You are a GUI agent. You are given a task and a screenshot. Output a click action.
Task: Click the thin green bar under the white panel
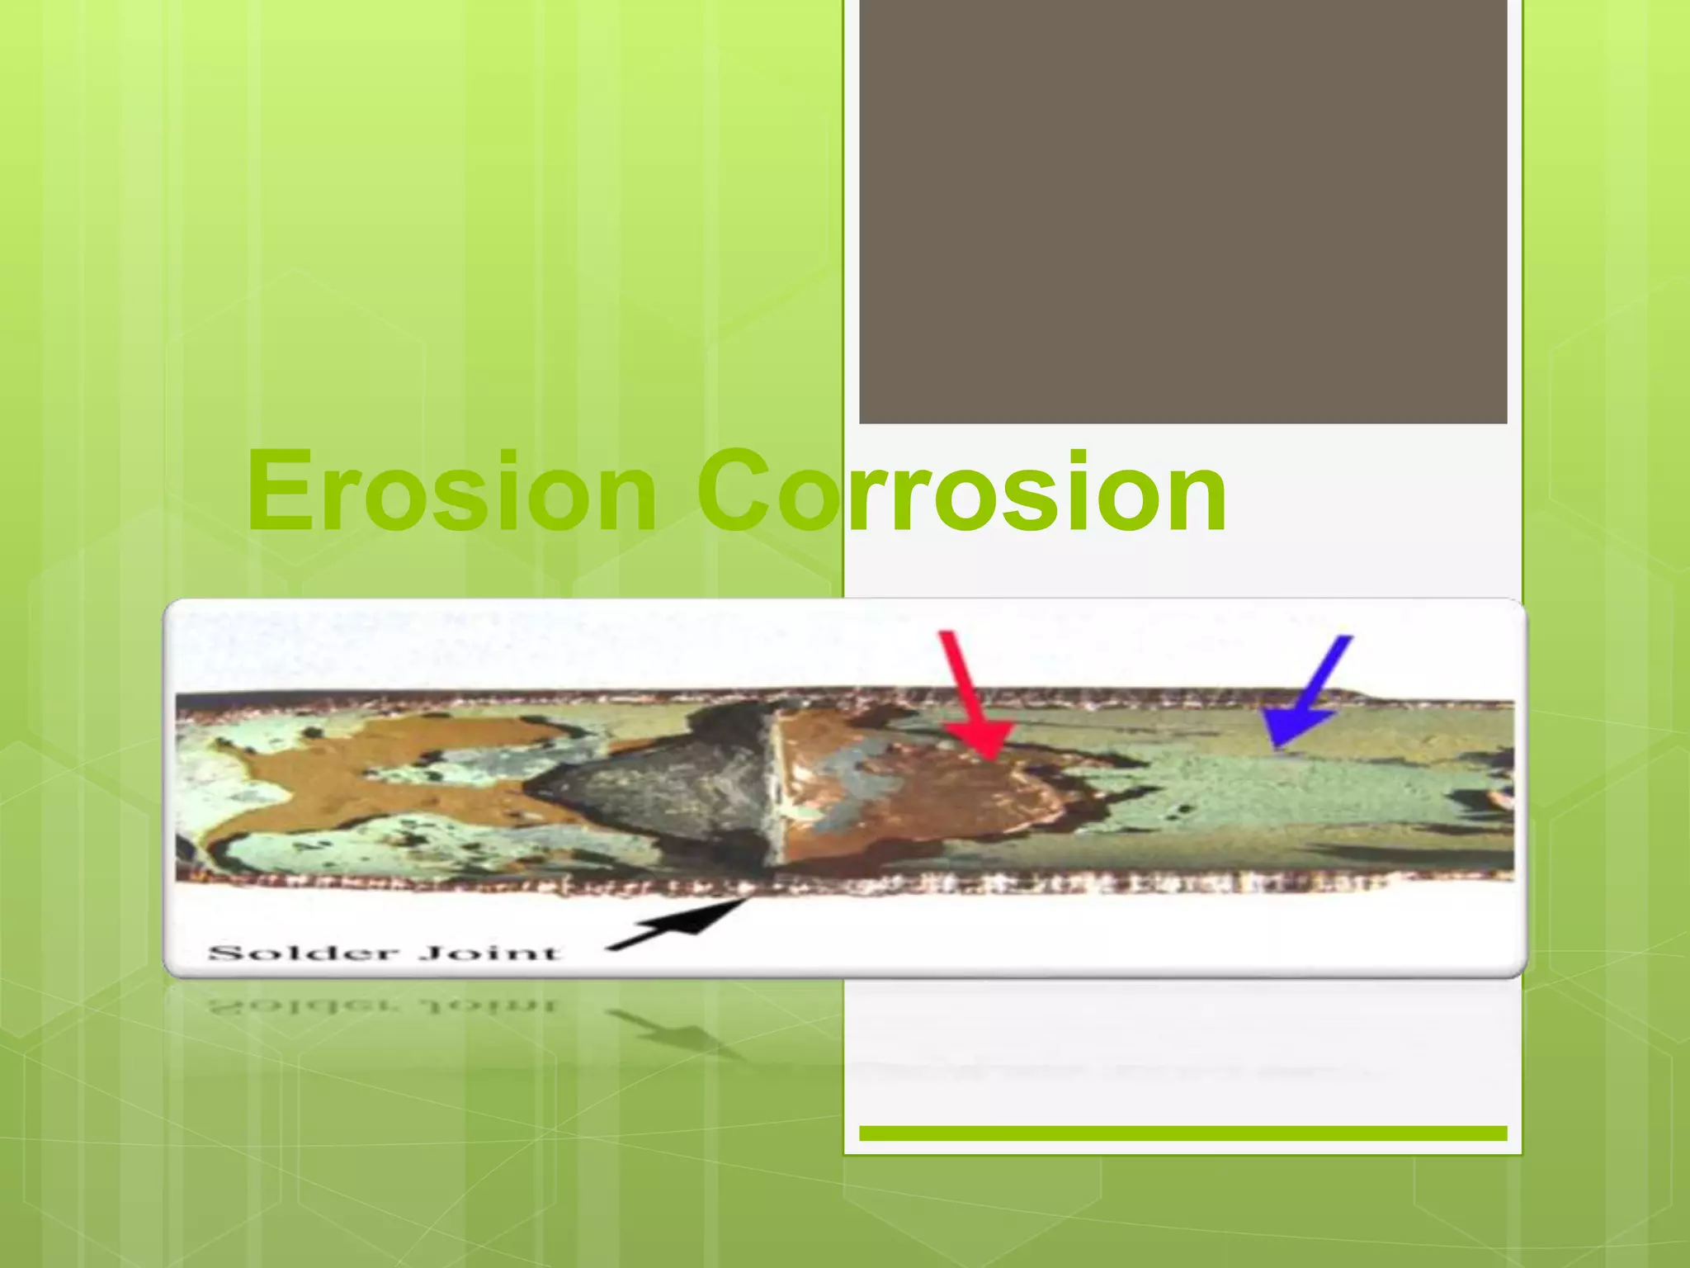(1183, 1133)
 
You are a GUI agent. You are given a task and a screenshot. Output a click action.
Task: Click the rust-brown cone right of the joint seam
(908, 784)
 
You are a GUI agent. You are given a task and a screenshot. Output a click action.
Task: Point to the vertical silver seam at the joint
(776, 784)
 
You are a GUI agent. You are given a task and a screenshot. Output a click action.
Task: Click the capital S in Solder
(224, 953)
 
